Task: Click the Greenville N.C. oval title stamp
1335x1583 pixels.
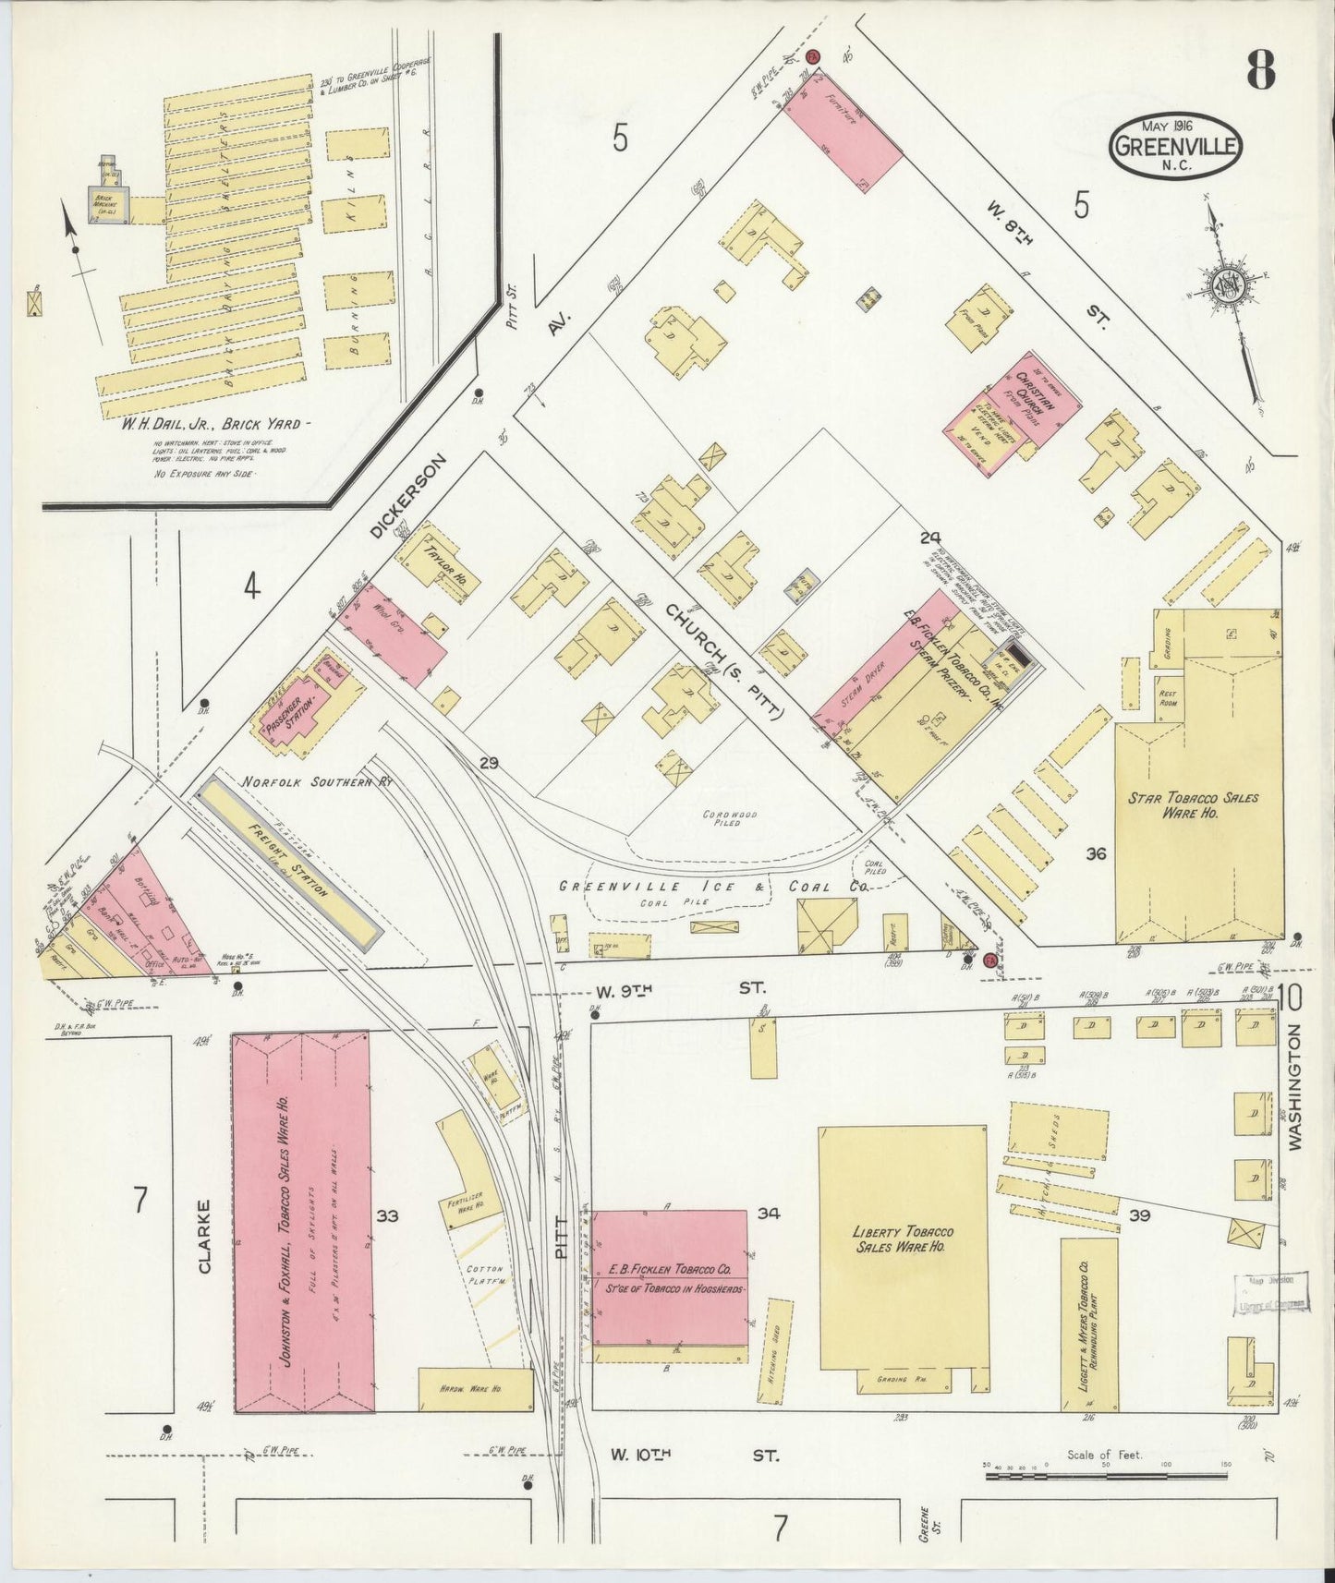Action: tap(1176, 146)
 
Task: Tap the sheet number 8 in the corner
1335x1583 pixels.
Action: tap(1260, 68)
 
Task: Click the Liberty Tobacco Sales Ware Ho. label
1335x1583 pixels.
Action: tap(902, 1239)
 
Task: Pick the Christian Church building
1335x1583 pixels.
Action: tap(1012, 412)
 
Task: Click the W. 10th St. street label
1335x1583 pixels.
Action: tap(693, 1455)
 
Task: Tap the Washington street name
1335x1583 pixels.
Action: tap(1293, 1086)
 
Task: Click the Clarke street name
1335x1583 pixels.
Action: tap(204, 1236)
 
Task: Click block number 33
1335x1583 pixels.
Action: tap(387, 1215)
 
